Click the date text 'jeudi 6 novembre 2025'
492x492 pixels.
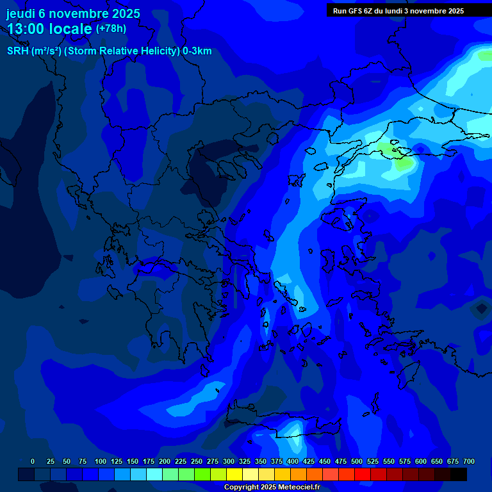click(x=73, y=13)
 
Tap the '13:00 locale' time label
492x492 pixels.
click(x=49, y=29)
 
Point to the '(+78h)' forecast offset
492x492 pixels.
click(x=111, y=29)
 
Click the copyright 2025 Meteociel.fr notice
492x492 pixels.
click(x=272, y=488)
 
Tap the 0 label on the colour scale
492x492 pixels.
click(x=33, y=461)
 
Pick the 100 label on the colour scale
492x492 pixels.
click(x=101, y=461)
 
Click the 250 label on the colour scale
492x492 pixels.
click(x=197, y=461)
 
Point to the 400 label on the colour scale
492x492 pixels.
click(x=293, y=461)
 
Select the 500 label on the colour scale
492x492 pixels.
click(x=357, y=461)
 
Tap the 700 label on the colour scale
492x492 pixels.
click(x=469, y=461)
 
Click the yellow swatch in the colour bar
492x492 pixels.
click(x=234, y=474)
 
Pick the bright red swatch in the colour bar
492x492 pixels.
click(x=363, y=474)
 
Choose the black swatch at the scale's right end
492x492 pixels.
click(x=459, y=474)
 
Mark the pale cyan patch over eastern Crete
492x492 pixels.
click(x=293, y=427)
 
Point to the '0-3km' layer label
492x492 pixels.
click(x=197, y=51)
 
